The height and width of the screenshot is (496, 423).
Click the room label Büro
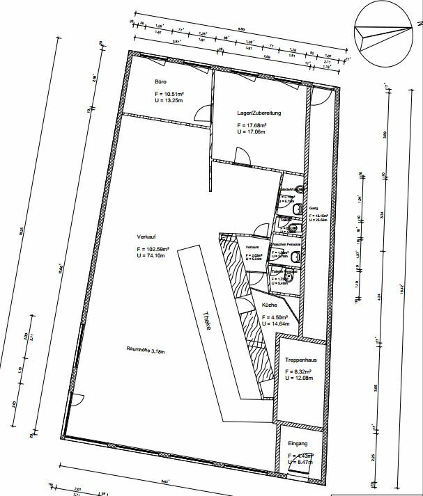(160, 81)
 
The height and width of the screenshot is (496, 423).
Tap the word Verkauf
(146, 236)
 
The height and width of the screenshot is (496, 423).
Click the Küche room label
(270, 306)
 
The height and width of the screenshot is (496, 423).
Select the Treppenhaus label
(301, 360)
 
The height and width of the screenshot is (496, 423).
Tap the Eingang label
(298, 443)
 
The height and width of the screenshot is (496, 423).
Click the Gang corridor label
(313, 208)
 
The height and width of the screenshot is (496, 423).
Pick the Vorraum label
(253, 247)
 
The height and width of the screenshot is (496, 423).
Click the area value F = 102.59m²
(153, 249)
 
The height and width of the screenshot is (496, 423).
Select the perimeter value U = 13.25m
(169, 100)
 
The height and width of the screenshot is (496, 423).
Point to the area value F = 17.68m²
(251, 125)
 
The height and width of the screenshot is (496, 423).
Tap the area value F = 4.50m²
(275, 317)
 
